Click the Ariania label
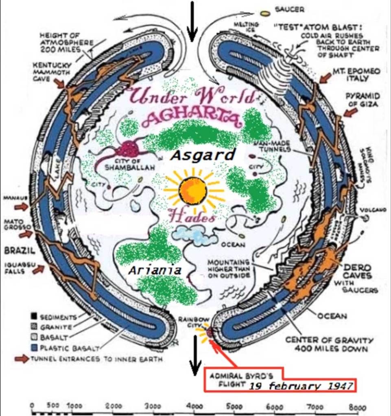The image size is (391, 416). tap(154, 270)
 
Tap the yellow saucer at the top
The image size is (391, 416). tap(265, 13)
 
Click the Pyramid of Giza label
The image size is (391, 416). tap(363, 100)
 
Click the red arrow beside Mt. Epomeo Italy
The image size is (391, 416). tap(325, 77)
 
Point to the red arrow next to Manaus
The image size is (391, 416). tap(22, 207)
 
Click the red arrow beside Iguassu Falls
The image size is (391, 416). tap(38, 269)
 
